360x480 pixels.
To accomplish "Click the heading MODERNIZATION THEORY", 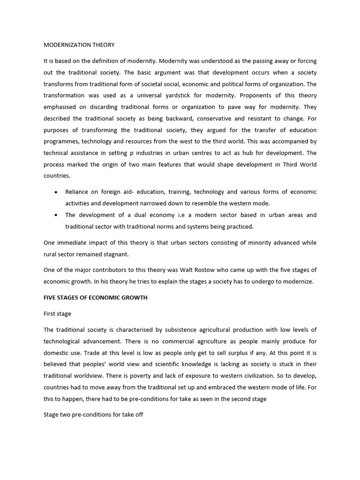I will (x=79, y=45).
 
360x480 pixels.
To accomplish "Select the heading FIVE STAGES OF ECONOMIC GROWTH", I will (x=95, y=298).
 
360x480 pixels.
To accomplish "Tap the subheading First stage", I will (x=57, y=314).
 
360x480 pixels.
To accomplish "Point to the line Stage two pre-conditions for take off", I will (x=93, y=415).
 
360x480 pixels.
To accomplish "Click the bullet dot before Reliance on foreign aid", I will (x=56, y=192).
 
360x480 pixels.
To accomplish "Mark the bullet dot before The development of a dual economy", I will (x=56, y=215).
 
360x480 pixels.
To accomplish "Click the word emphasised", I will (x=61, y=107).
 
